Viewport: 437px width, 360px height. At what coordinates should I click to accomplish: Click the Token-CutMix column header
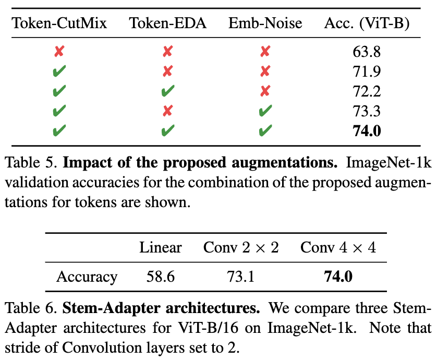click(x=59, y=23)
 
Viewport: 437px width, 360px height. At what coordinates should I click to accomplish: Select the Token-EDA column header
click(x=167, y=23)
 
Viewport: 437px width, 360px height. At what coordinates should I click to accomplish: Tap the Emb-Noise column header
click(x=265, y=23)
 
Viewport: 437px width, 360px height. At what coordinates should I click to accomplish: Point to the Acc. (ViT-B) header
click(x=367, y=23)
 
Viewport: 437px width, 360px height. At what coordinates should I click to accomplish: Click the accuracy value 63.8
click(x=367, y=52)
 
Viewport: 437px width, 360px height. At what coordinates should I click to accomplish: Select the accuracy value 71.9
click(x=367, y=71)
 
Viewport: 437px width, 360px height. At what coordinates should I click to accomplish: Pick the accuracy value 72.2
click(x=367, y=91)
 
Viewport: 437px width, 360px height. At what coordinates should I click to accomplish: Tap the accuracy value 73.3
click(x=367, y=111)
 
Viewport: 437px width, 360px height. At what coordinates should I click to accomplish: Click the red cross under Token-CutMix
click(x=59, y=51)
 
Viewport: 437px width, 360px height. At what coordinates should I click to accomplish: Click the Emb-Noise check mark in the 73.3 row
click(x=265, y=111)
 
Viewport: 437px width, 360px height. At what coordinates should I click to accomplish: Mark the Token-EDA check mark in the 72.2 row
click(x=168, y=91)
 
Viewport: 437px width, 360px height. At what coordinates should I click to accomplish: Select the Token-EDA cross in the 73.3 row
click(x=168, y=111)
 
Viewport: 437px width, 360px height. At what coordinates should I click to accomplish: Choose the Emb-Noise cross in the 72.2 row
click(x=265, y=91)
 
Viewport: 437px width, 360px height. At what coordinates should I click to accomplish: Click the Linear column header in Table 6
click(x=161, y=247)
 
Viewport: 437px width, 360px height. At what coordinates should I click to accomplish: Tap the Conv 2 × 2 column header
click(x=241, y=247)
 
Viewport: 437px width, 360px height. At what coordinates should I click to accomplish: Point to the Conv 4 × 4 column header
click(x=338, y=247)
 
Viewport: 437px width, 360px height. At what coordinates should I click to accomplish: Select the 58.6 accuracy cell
click(x=161, y=277)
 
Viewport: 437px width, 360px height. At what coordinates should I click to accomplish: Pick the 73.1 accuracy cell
click(x=241, y=277)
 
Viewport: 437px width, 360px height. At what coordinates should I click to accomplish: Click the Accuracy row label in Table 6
click(x=87, y=278)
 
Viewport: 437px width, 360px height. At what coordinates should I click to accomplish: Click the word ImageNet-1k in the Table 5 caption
click(x=389, y=163)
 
